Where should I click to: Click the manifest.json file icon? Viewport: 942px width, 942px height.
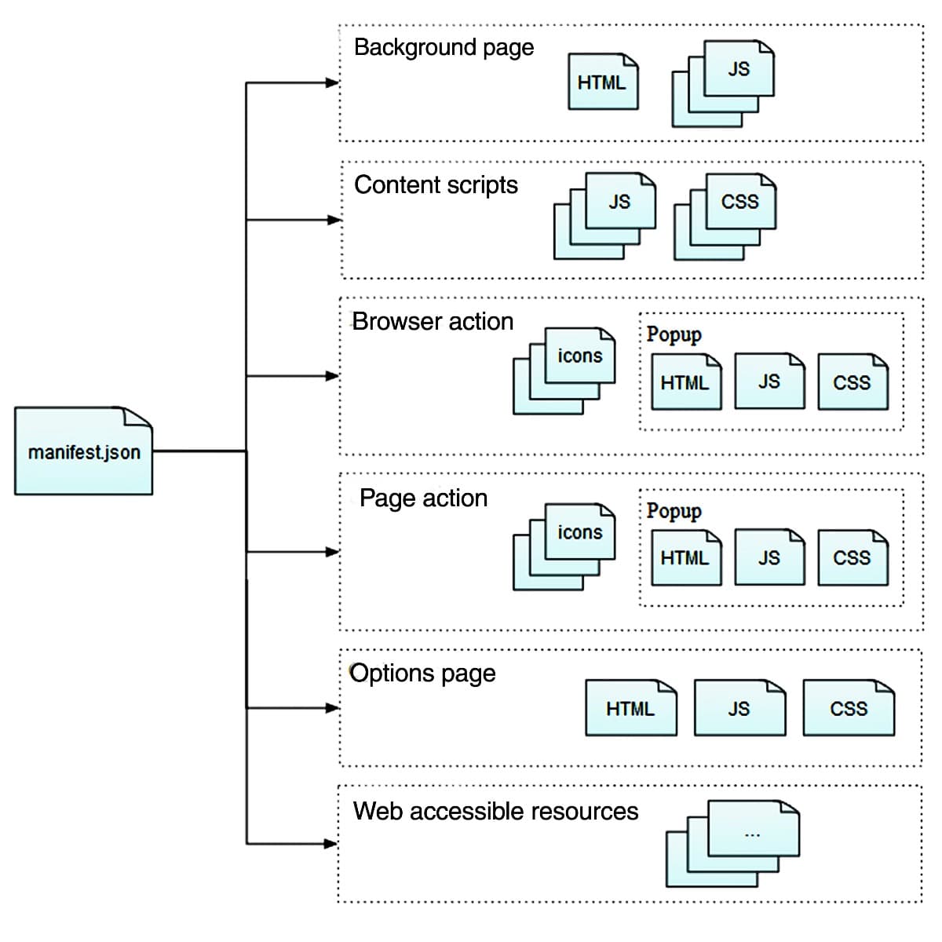coord(83,451)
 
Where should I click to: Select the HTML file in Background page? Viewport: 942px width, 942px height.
coord(603,82)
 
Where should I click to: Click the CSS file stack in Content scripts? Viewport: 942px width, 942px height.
coord(725,216)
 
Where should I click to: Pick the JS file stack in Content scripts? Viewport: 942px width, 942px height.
coord(605,216)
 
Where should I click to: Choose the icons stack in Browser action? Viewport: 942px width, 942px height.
coord(564,371)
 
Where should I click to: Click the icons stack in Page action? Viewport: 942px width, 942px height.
coord(564,546)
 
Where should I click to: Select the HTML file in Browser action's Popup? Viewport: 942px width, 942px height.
coord(686,382)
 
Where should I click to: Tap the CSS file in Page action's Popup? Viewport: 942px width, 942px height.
coord(853,557)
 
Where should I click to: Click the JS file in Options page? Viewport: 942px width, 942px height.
coord(739,708)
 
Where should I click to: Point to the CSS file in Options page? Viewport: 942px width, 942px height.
coord(849,708)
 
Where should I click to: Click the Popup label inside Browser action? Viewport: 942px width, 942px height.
coord(674,334)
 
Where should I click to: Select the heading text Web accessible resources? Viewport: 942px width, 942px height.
coord(495,811)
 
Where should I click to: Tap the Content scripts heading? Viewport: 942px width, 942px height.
coord(436,185)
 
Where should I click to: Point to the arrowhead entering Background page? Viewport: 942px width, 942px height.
coord(333,82)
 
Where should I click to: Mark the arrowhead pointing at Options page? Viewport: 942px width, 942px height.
coord(333,708)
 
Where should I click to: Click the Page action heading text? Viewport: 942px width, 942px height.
coord(423,498)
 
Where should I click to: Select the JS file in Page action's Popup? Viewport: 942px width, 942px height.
coord(769,557)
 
